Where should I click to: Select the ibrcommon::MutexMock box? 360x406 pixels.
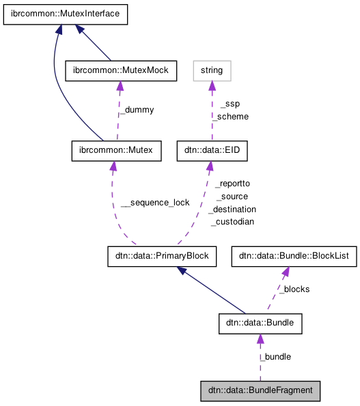[120, 70]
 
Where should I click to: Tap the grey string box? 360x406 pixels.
[212, 70]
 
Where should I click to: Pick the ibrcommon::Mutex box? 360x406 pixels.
[117, 151]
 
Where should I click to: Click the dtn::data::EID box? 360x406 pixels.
[211, 151]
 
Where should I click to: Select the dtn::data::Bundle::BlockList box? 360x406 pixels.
[294, 257]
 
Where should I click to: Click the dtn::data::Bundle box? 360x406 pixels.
[260, 323]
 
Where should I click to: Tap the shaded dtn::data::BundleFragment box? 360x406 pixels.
[260, 391]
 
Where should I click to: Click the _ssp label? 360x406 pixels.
[230, 104]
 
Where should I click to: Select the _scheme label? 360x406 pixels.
[230, 117]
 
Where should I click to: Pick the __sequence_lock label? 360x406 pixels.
[155, 203]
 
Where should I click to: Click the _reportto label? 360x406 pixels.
[232, 184]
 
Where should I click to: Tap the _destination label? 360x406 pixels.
[232, 209]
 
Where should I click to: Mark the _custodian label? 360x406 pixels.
[232, 222]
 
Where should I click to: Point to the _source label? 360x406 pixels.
[232, 197]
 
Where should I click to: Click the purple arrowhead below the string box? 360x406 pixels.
[212, 86]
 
